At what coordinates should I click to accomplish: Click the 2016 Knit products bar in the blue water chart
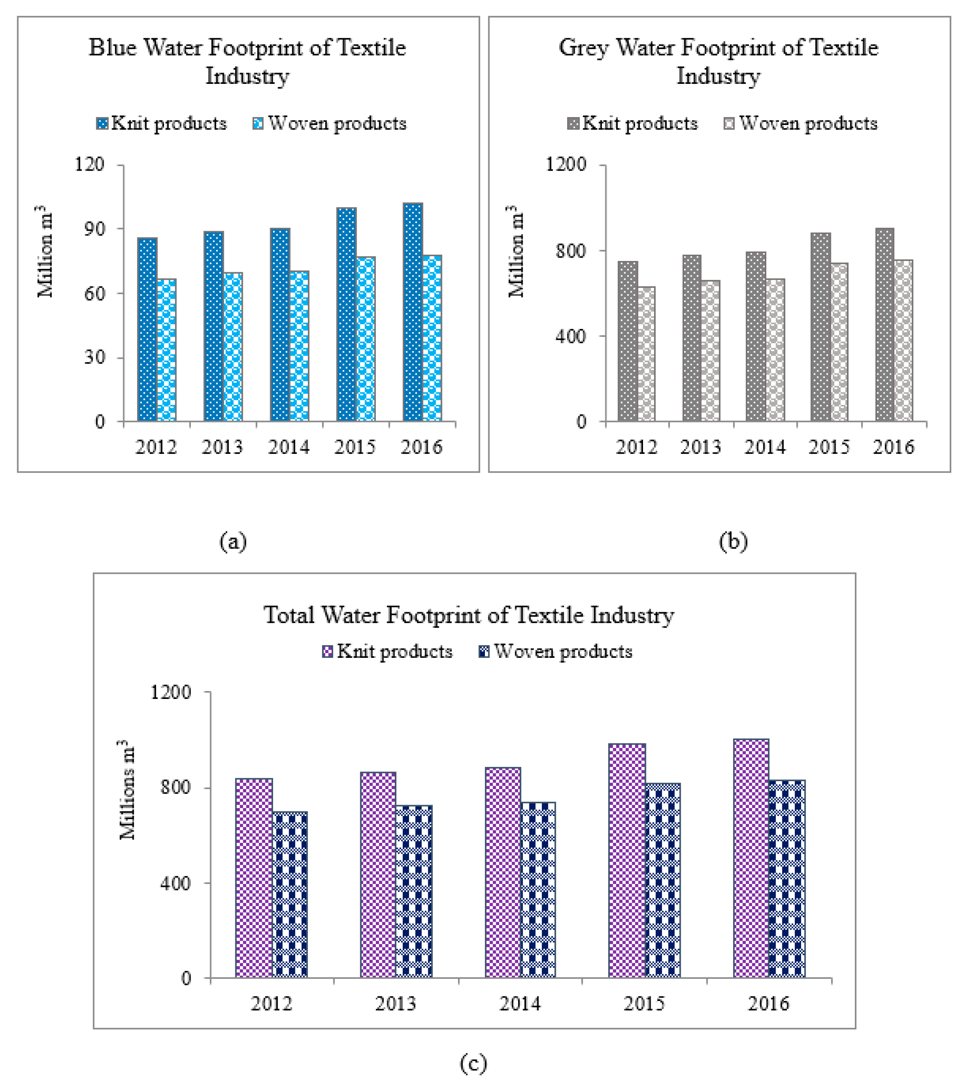413,312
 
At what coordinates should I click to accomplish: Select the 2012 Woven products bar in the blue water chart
167,350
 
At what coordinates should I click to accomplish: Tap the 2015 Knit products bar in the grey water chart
820,327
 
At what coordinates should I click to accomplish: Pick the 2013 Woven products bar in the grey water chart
710,351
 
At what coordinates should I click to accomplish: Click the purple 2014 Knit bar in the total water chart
503,872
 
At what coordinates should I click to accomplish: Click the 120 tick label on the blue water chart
89,164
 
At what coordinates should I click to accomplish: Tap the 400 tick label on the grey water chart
570,336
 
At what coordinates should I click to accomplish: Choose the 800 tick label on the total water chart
175,787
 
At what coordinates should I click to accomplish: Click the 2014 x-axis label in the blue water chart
288,447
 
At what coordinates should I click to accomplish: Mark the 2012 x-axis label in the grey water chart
636,447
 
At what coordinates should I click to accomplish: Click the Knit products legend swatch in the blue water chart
102,124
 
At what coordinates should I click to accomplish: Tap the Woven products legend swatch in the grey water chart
729,124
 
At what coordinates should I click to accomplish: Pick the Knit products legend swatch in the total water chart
328,652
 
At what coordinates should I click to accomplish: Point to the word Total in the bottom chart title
289,615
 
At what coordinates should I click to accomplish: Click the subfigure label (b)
733,541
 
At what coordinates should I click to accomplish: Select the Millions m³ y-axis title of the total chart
127,789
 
